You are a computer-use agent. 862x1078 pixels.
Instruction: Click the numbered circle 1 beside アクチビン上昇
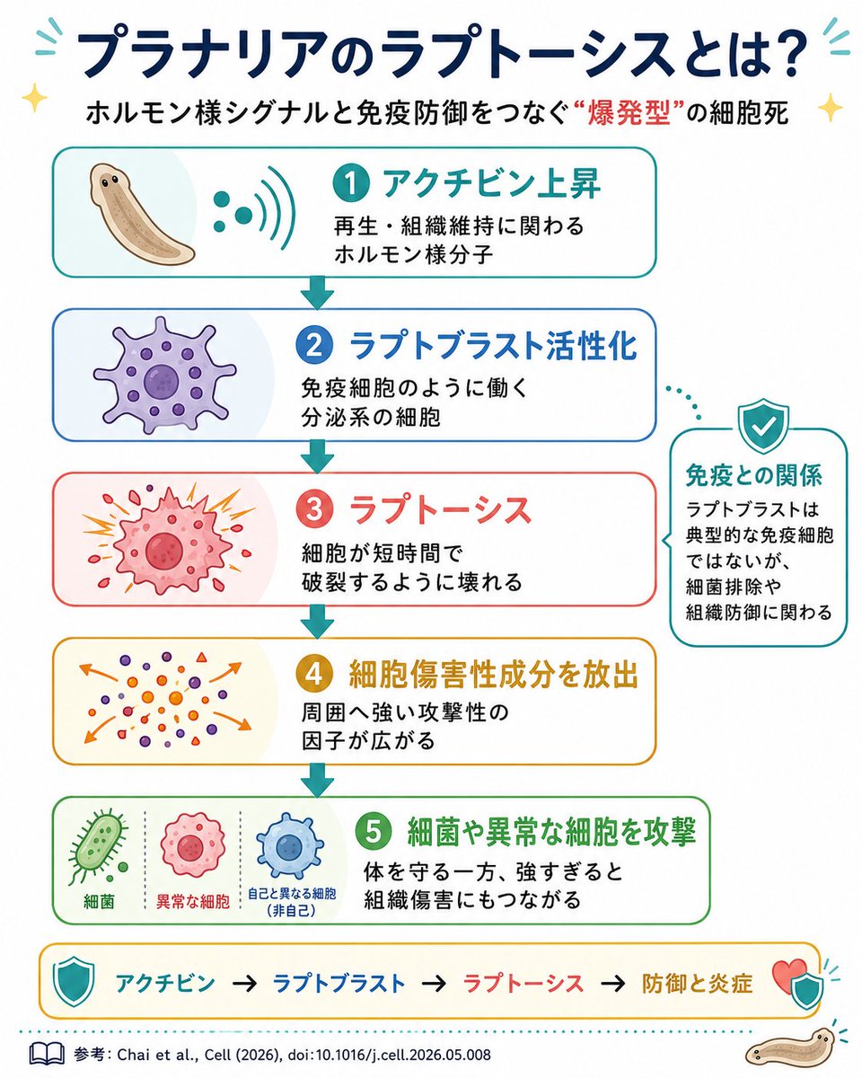(350, 183)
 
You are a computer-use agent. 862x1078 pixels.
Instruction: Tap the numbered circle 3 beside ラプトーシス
(314, 509)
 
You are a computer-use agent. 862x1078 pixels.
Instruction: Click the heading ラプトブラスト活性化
(493, 346)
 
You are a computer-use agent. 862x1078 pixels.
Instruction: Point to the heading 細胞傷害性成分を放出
(493, 675)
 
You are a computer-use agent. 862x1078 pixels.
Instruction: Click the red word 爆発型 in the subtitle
(629, 113)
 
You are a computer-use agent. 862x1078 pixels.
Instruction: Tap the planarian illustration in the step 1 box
(141, 212)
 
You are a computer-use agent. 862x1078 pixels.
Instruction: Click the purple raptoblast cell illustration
(164, 375)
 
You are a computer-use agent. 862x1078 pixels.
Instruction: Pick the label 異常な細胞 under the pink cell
(193, 902)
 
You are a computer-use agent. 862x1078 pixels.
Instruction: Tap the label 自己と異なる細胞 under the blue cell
(292, 893)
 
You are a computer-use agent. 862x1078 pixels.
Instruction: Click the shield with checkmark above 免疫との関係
(764, 425)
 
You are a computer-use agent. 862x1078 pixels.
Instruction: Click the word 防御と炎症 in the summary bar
(697, 983)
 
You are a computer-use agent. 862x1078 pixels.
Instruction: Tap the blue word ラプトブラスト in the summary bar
(339, 983)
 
